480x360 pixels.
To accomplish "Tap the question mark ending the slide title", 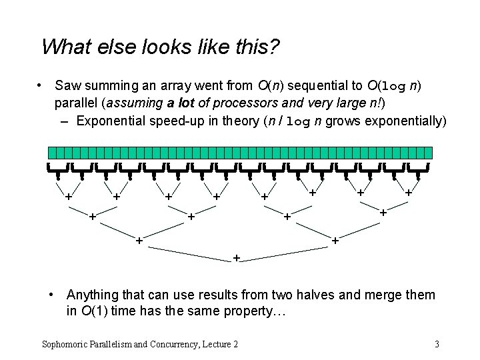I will coord(275,47).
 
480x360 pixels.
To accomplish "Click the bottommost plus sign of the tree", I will coord(236,257).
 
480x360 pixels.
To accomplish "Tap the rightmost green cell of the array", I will coord(429,153).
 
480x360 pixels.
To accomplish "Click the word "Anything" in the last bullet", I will coord(93,295).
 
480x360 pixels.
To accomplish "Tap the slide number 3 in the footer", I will coord(437,344).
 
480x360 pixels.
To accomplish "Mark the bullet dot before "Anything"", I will coord(53,295).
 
